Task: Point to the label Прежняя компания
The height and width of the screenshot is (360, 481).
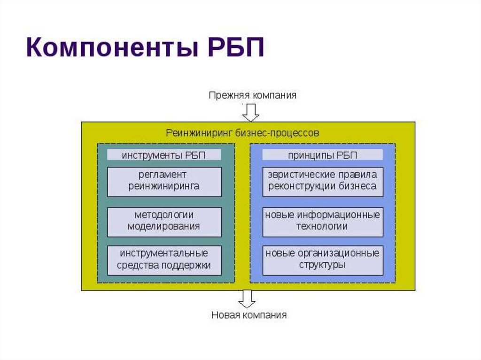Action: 252,95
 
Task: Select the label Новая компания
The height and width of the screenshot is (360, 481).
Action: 248,315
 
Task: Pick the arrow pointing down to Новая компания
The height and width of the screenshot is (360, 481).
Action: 247,299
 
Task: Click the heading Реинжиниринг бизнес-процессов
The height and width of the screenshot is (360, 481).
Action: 242,133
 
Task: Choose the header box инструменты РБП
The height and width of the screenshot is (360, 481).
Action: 164,155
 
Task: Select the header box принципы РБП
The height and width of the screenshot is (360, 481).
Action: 322,155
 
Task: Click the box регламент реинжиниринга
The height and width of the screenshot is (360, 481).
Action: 164,181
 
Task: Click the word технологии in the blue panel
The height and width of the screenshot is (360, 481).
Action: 322,227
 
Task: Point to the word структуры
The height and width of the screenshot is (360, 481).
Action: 322,265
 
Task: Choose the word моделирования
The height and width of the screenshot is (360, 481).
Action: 164,227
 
